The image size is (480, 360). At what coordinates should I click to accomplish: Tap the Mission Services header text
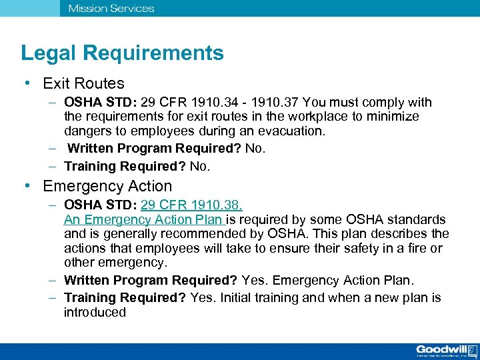[x=111, y=9]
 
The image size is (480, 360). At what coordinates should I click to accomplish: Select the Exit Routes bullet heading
[x=83, y=83]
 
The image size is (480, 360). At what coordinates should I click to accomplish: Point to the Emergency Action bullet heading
[x=107, y=186]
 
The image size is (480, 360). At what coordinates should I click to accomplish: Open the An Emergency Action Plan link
[x=145, y=219]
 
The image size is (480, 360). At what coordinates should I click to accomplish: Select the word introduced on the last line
[x=95, y=313]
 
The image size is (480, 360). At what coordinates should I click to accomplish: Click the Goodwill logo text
[x=441, y=349]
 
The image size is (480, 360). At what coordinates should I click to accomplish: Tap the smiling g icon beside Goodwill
[x=472, y=350]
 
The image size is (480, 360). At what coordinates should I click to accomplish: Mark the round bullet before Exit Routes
[x=26, y=83]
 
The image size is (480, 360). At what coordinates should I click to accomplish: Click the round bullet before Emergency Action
[x=26, y=186]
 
